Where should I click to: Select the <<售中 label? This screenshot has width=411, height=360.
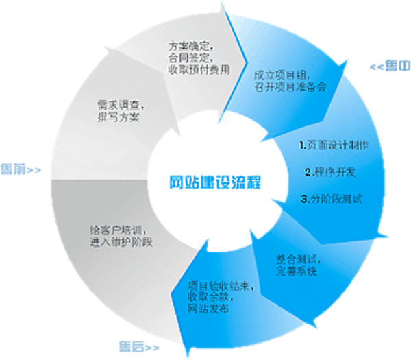point(391,67)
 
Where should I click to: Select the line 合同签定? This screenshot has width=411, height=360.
point(191,58)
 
